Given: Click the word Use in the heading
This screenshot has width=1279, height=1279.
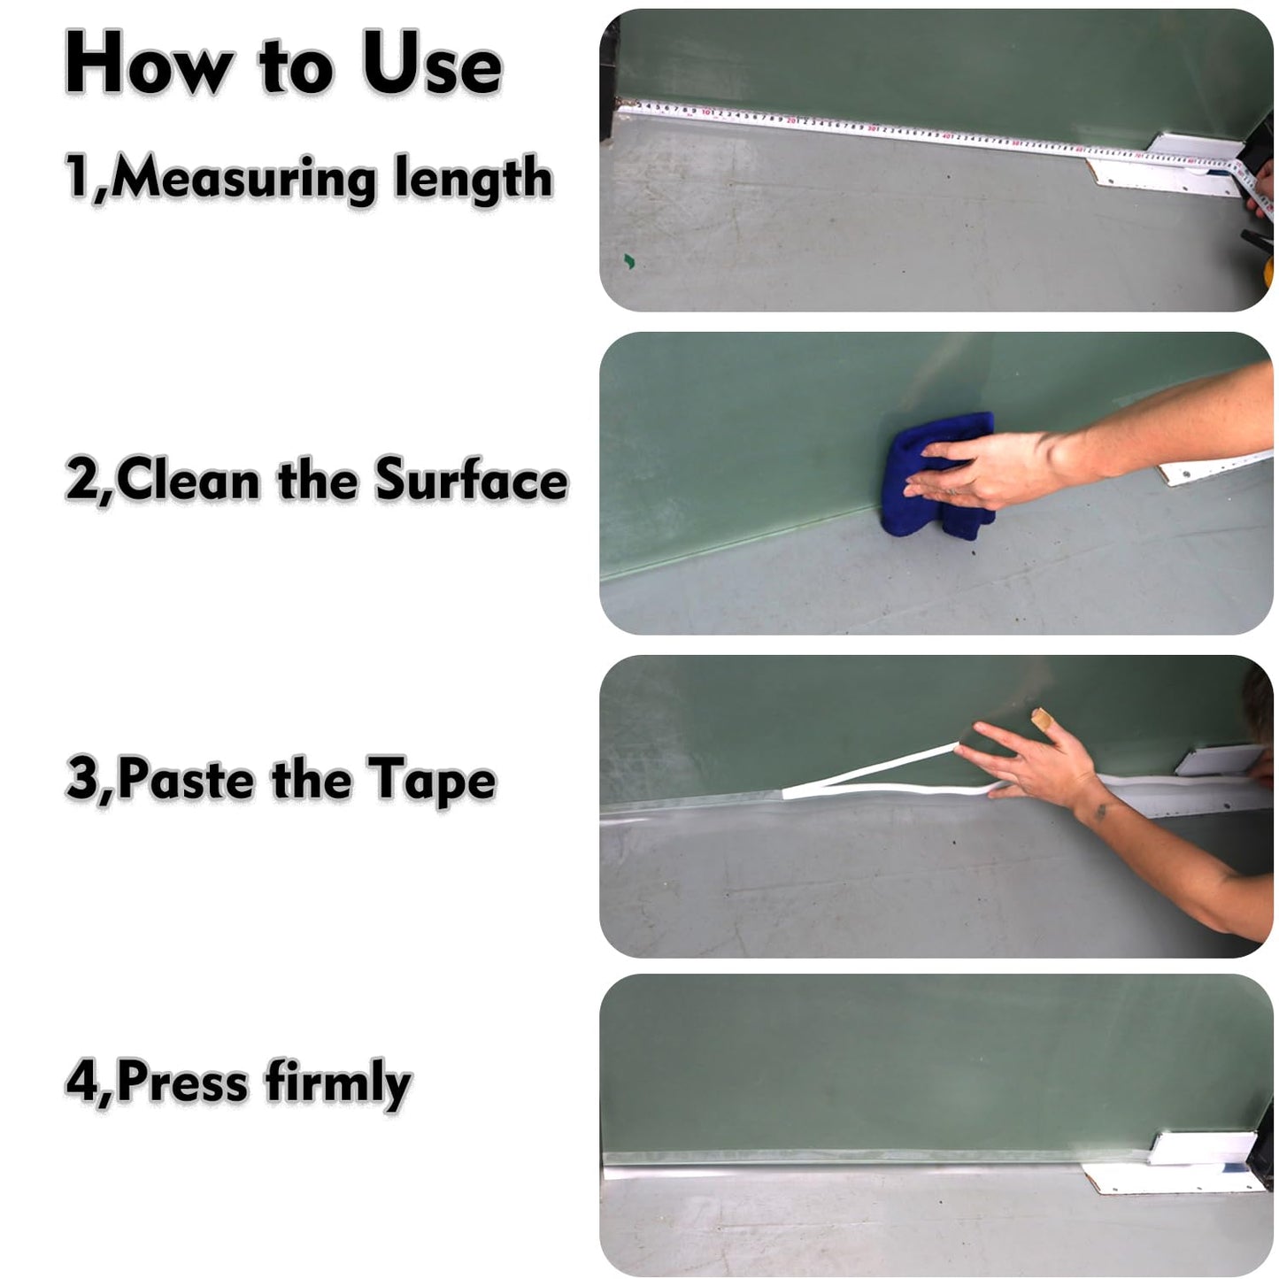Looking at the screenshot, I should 432,66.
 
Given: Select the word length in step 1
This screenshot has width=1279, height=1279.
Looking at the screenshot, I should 473,178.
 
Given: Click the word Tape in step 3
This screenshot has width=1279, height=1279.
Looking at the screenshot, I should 432,781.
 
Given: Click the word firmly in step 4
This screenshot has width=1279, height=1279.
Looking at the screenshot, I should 338,1082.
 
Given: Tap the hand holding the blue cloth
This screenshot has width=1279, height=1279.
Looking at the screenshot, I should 974,469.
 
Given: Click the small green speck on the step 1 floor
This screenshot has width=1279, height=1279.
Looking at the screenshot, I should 629,260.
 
